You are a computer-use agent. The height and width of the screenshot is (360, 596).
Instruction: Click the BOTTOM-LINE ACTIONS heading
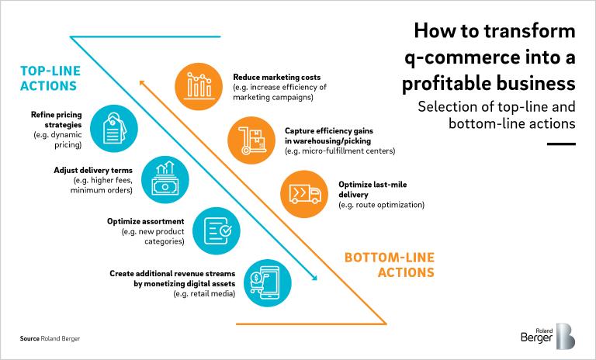388,265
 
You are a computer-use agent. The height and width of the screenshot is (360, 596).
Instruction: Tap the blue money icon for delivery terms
165,179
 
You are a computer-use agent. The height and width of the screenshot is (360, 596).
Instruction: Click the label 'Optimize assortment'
145,221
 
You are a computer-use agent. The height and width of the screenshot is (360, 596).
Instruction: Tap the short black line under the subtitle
561,144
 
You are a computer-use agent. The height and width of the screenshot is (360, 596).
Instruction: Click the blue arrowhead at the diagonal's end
315,276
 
